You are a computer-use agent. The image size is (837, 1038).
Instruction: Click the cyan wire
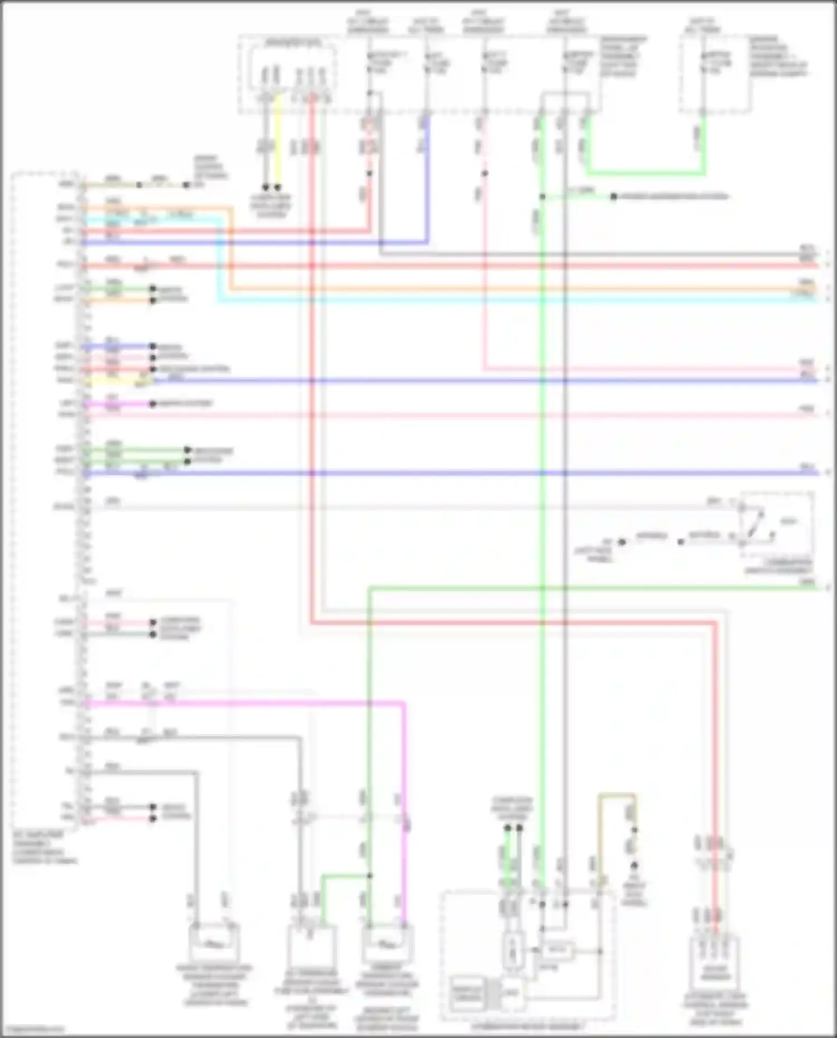[x=502, y=300]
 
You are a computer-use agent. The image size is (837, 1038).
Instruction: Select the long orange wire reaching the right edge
[x=502, y=289]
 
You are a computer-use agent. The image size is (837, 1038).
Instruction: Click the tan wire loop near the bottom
[x=617, y=794]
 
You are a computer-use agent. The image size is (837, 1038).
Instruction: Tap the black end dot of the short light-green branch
[x=613, y=196]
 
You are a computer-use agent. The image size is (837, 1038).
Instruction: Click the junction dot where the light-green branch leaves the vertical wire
[x=542, y=196]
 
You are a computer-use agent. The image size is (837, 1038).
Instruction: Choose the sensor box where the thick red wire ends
[x=715, y=959]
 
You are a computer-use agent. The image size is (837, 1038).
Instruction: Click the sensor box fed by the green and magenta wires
[x=387, y=944]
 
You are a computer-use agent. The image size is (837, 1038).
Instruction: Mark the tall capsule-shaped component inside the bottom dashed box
[x=512, y=951]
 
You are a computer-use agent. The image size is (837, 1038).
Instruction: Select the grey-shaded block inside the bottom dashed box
[x=467, y=993]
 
